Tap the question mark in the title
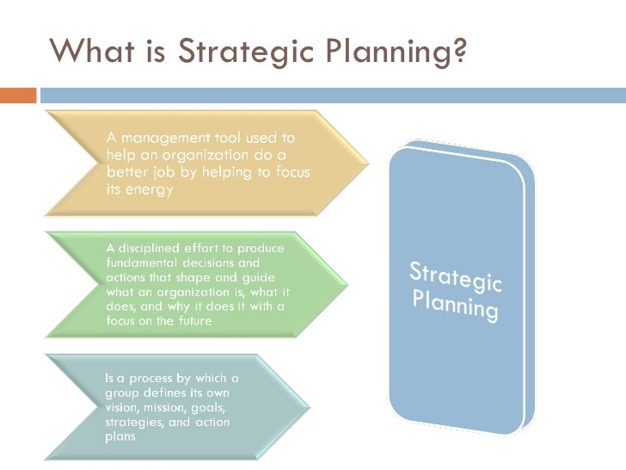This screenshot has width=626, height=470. (459, 53)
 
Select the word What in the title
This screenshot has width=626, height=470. (87, 53)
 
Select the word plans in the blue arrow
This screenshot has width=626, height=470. (121, 436)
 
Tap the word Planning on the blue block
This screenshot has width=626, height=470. (454, 304)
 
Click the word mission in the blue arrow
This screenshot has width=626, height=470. (172, 407)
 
